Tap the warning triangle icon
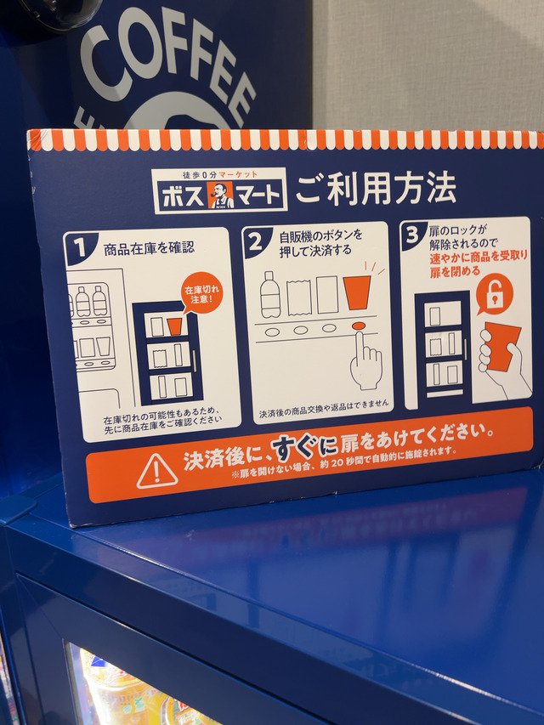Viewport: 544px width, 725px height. pos(156,471)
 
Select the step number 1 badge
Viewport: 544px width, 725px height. pos(81,248)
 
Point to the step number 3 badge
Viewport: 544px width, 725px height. pos(412,235)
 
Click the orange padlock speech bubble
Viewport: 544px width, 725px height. pos(494,295)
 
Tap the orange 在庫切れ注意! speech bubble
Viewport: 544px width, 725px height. pos(201,292)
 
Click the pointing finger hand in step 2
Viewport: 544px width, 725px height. pos(365,360)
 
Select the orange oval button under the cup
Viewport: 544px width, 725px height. pos(358,326)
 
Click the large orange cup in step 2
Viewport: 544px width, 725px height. pos(357,292)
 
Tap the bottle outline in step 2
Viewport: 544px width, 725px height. pos(270,295)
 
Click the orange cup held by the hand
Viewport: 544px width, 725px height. pos(501,346)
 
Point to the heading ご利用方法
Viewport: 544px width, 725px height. pos(376,187)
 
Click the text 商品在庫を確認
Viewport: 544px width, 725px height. pos(149,249)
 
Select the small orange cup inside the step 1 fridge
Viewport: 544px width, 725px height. pos(174,327)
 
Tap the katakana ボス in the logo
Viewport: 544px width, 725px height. pos(183,195)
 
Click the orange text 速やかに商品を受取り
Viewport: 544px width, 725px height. pos(479,257)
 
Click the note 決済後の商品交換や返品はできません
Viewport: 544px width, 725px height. pos(324,408)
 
